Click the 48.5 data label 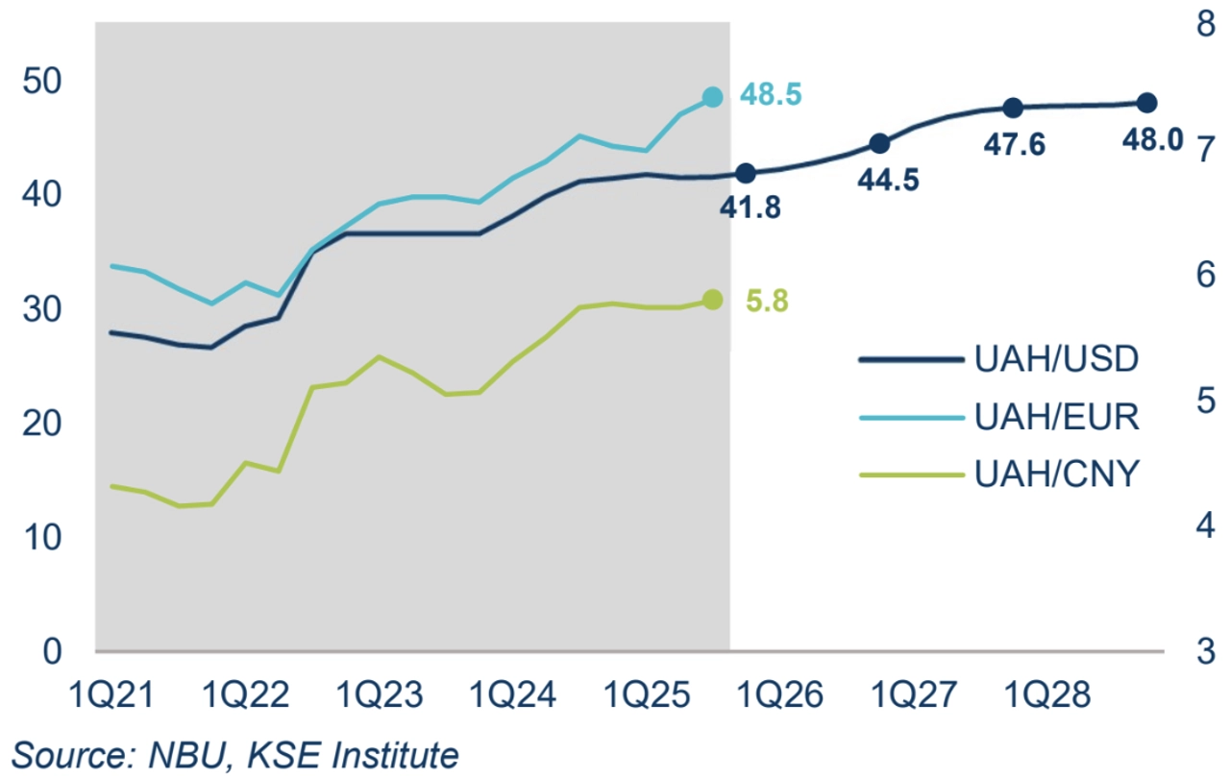coord(771,95)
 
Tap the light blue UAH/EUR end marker coord(712,97)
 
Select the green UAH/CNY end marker coord(712,300)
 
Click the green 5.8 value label coord(767,301)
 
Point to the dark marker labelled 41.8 coord(746,174)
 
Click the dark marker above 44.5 coord(878,143)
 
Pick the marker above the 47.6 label coord(1013,108)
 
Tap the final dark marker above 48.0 coord(1146,103)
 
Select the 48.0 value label coord(1152,139)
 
